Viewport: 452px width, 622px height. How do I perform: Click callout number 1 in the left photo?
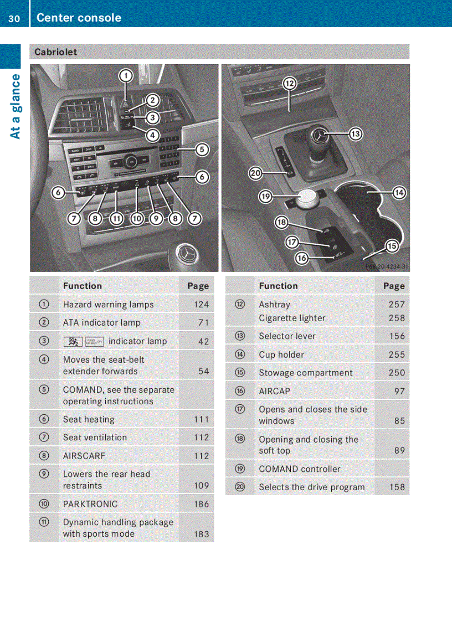[x=126, y=75]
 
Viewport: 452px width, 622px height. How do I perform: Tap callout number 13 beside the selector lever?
[x=355, y=134]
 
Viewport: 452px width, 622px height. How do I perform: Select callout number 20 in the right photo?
[x=255, y=173]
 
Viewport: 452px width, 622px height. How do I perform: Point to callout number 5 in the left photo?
[x=202, y=149]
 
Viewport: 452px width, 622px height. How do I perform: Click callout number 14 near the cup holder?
[x=399, y=193]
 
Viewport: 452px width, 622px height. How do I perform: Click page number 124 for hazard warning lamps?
[x=202, y=305]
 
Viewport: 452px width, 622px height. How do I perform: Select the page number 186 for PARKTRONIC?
[x=202, y=504]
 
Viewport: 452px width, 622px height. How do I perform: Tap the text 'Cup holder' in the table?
[x=281, y=354]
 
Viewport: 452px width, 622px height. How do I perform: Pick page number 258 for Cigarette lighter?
[x=397, y=318]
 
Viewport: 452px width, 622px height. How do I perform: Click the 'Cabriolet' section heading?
[x=56, y=52]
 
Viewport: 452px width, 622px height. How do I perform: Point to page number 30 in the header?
[x=14, y=18]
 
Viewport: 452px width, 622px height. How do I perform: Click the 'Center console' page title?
[x=79, y=18]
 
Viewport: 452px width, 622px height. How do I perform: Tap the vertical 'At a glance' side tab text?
[x=15, y=106]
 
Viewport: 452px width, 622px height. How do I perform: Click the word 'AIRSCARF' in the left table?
[x=84, y=456]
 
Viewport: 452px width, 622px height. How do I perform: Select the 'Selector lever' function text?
[x=287, y=336]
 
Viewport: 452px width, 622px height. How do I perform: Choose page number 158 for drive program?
[x=397, y=487]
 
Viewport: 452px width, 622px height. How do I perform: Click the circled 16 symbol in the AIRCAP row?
[x=239, y=391]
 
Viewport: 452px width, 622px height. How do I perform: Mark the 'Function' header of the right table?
[x=278, y=286]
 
